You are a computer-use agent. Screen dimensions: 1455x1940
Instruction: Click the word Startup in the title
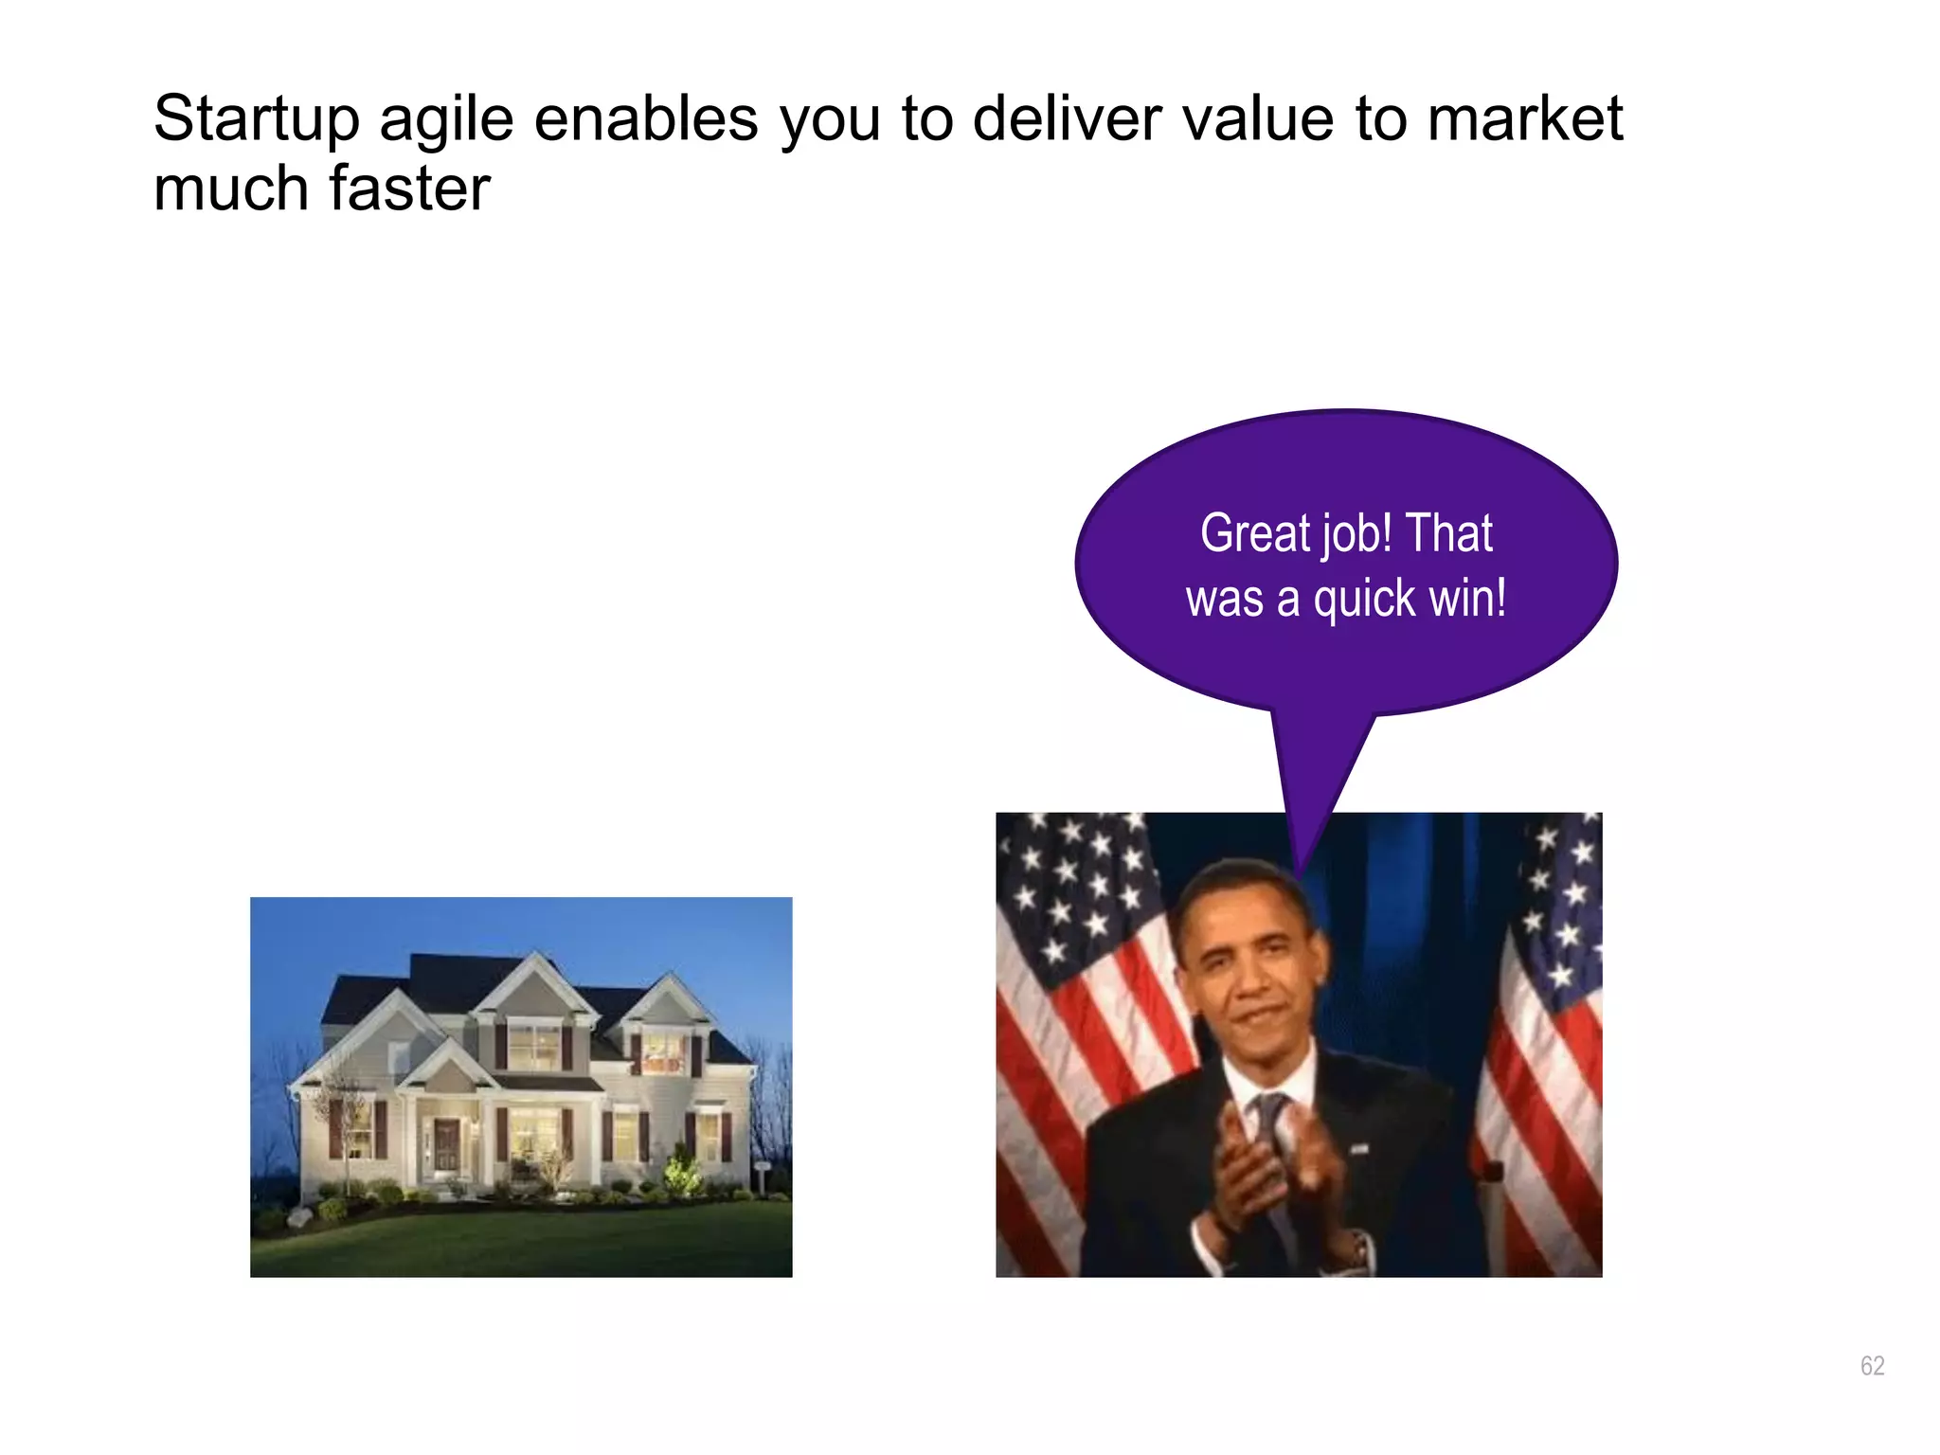[256, 119]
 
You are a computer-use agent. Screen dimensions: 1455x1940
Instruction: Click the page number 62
[1872, 1365]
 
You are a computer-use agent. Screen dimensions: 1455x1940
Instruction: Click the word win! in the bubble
[1471, 599]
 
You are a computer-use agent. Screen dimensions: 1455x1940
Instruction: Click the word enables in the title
[646, 119]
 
